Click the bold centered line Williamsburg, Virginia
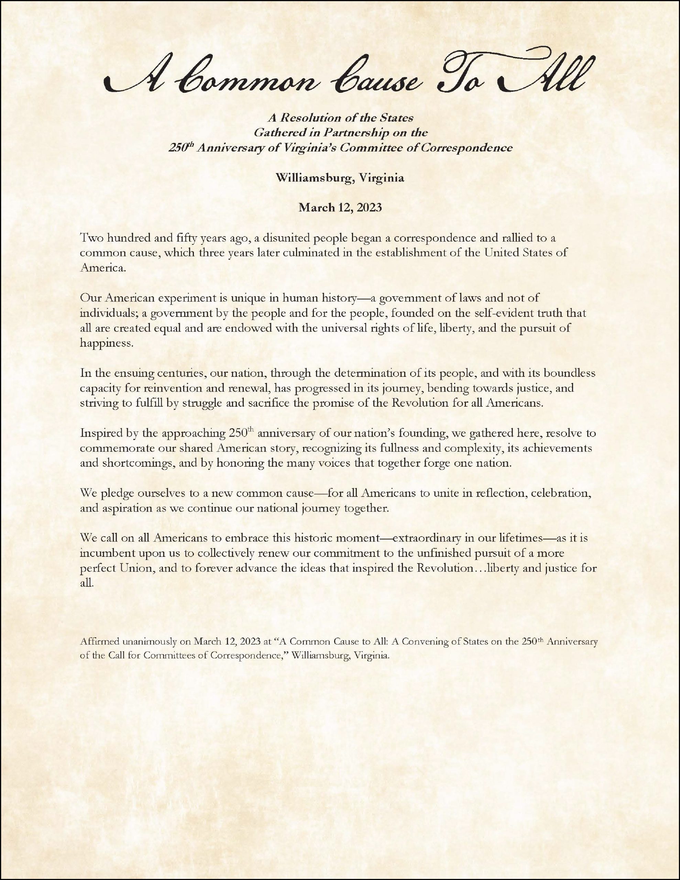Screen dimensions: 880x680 [339, 178]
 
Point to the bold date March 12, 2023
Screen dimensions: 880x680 [339, 208]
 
